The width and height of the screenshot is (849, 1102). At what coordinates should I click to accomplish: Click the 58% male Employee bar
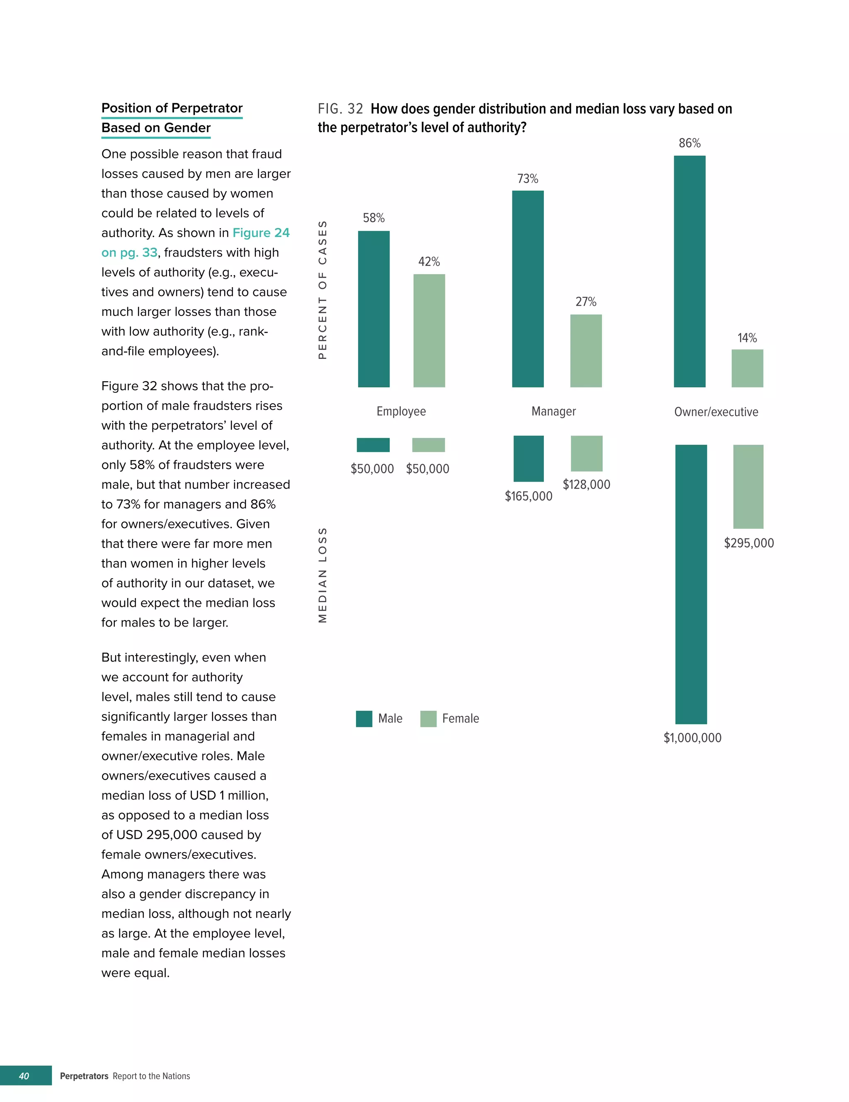(x=374, y=309)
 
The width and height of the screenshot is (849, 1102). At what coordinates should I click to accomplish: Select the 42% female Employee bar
(x=429, y=330)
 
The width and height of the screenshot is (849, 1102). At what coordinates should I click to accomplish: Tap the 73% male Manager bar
(x=527, y=288)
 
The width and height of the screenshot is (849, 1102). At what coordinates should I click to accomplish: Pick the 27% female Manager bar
(x=585, y=351)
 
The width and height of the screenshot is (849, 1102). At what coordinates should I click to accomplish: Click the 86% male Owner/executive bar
(x=689, y=271)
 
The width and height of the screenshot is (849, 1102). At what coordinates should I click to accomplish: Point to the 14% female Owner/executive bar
(x=747, y=368)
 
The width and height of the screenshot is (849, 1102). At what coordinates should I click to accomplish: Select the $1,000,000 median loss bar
(x=691, y=584)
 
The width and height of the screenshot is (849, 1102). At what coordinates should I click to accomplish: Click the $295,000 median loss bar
(x=748, y=486)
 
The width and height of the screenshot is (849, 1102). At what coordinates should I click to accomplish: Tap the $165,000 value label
(x=529, y=496)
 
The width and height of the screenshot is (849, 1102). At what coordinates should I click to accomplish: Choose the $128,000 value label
(x=586, y=484)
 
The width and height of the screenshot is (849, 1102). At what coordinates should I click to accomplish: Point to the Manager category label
(x=553, y=411)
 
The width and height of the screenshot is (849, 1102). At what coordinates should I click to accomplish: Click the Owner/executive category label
(x=716, y=412)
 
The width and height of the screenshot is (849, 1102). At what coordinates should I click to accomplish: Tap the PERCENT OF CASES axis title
(x=323, y=290)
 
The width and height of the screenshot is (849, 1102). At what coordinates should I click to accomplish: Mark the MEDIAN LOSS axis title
(x=323, y=575)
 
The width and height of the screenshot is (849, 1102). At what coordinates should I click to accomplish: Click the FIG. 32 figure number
(x=340, y=109)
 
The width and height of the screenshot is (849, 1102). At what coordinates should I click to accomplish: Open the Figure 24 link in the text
(x=260, y=233)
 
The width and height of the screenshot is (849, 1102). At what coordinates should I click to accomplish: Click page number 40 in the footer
(x=24, y=1076)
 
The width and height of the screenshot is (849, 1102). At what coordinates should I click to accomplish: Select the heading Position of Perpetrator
(x=172, y=108)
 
